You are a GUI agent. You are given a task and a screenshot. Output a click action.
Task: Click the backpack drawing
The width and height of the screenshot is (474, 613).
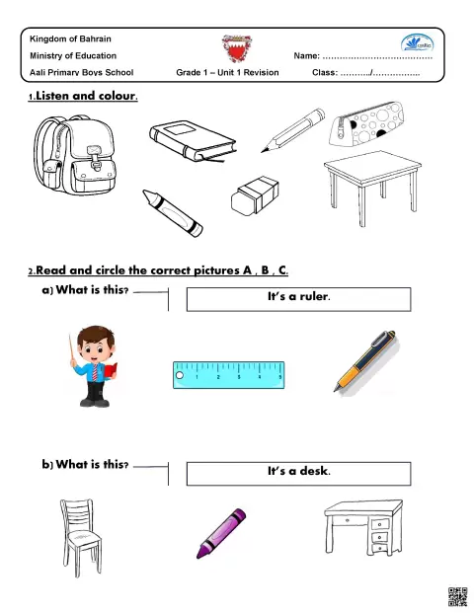75,155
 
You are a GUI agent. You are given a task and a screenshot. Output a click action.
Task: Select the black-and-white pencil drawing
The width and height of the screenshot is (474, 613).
293,130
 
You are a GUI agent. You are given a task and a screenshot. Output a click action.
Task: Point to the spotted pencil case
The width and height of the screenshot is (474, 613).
366,123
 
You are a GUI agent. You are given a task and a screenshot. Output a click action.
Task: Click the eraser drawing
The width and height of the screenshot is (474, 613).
255,195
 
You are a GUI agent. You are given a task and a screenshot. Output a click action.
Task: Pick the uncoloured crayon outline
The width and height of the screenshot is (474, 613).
173,213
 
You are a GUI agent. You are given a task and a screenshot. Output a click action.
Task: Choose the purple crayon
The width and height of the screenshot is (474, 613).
221,533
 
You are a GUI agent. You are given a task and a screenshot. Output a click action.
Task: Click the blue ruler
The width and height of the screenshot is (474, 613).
229,375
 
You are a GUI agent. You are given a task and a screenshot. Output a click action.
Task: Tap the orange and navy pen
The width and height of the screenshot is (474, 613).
365,361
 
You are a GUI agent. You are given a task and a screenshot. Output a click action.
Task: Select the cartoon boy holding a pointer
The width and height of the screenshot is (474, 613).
94,366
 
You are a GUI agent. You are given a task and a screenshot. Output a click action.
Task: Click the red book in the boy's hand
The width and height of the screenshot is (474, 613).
111,370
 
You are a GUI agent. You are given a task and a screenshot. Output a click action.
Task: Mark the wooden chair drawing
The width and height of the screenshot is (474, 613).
81,537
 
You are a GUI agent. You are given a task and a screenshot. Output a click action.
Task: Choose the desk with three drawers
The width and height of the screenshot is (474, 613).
363,526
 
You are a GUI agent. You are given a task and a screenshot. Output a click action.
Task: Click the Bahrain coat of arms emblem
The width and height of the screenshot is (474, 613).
237,48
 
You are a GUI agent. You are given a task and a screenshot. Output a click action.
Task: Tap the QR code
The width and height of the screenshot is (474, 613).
457,596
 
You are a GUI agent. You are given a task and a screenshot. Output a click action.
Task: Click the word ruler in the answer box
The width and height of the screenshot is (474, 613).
314,297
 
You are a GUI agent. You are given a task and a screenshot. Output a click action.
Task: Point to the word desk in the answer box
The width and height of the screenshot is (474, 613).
314,471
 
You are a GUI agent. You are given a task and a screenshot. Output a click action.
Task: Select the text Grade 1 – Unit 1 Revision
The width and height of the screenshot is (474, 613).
227,72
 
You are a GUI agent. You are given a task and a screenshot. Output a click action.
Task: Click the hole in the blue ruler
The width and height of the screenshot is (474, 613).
180,375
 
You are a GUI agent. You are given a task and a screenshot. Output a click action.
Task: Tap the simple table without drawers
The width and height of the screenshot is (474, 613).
372,184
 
